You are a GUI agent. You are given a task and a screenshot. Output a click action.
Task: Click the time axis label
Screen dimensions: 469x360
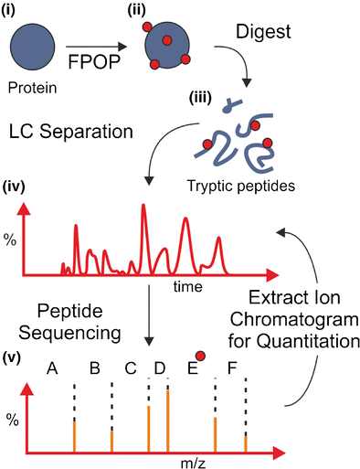186,286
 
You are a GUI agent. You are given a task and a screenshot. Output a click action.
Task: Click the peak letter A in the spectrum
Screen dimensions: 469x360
53,369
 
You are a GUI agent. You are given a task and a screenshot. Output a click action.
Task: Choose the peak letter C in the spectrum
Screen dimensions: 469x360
131,369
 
